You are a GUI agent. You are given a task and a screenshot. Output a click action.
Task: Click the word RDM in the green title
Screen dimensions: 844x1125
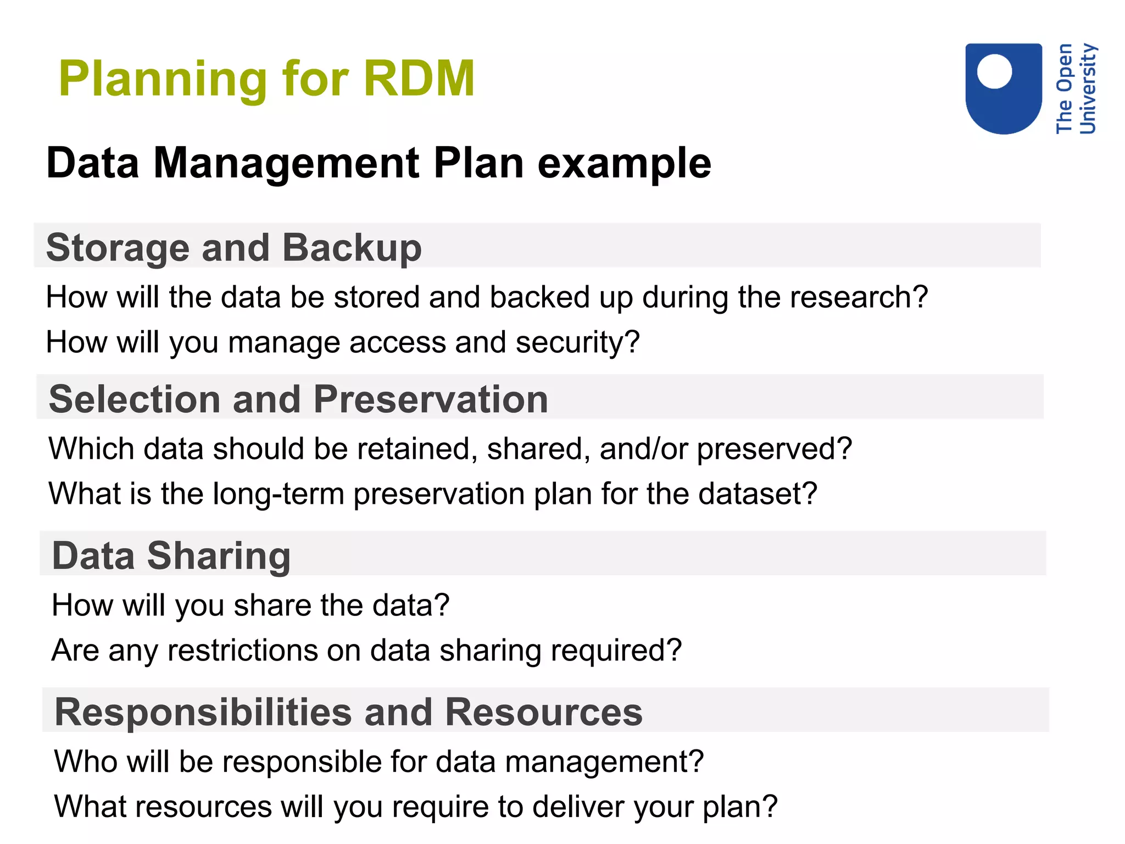tap(419, 79)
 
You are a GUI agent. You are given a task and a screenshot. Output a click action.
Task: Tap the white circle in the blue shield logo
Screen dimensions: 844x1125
tap(994, 71)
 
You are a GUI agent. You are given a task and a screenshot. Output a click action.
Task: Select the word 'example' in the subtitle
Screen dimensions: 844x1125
tap(624, 163)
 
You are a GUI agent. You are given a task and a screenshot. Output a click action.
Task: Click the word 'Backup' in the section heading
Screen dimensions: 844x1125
tap(352, 248)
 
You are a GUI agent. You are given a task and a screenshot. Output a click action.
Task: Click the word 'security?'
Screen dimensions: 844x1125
tap(577, 342)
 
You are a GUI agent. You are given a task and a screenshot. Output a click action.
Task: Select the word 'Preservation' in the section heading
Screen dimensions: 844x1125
tap(431, 399)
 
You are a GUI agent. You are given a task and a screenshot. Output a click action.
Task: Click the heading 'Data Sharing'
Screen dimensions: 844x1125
tap(171, 556)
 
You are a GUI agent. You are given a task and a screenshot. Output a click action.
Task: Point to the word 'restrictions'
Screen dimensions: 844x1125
tap(242, 650)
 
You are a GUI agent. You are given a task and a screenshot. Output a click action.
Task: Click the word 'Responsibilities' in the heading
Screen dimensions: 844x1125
tap(203, 712)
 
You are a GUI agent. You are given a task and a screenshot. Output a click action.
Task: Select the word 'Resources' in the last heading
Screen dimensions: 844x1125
tap(543, 712)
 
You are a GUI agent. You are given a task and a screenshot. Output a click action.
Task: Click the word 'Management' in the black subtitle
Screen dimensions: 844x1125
tap(287, 163)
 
